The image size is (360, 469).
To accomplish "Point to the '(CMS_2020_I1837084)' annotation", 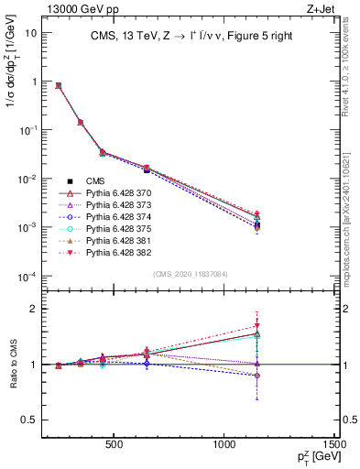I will (190, 274).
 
